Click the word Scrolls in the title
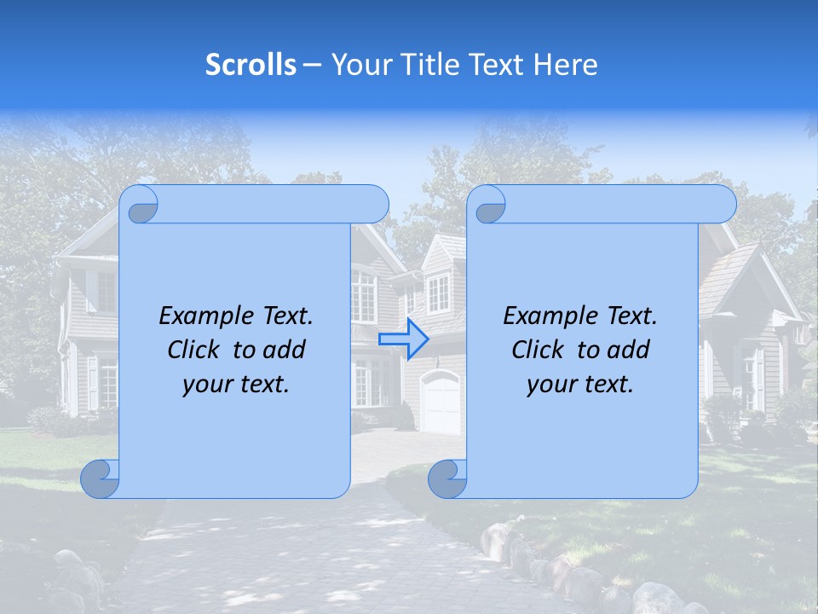tap(251, 65)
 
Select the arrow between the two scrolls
tap(403, 339)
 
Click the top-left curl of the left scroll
tap(141, 205)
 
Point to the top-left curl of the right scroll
tap(489, 205)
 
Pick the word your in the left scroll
tap(205, 385)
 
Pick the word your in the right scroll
tap(550, 385)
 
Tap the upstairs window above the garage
tap(437, 293)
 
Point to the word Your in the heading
tap(360, 65)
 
